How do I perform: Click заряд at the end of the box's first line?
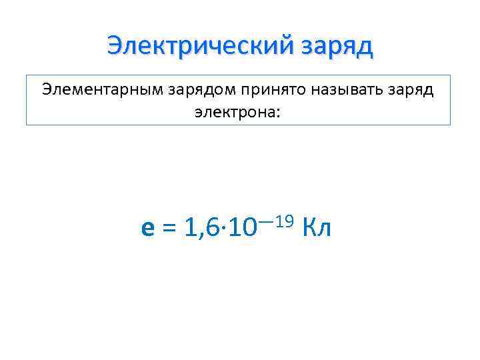coord(407,91)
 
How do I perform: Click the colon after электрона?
coord(279,113)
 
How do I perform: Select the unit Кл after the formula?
coord(317,229)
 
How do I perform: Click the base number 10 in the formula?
coord(241,229)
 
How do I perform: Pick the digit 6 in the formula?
coord(211,229)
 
